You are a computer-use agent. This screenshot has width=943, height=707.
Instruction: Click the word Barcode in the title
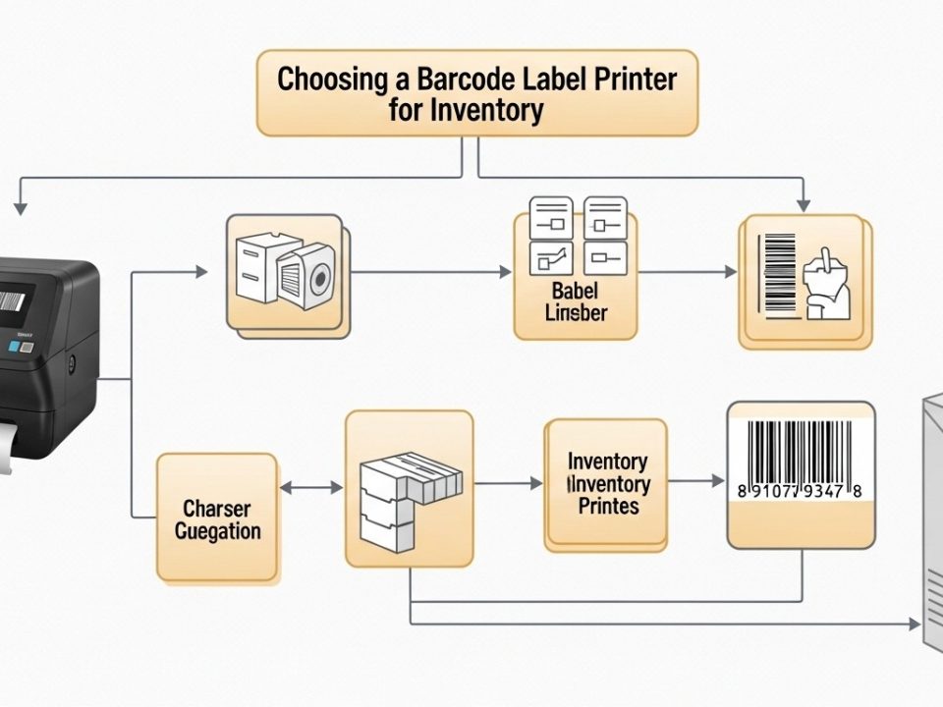444,79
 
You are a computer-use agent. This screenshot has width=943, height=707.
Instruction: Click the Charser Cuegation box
217,517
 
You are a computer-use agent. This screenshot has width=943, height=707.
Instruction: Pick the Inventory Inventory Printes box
607,483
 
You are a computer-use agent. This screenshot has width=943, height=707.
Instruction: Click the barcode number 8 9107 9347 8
801,490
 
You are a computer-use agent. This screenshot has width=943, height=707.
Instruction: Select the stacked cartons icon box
410,488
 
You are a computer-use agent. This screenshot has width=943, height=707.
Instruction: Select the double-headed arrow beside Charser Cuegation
311,487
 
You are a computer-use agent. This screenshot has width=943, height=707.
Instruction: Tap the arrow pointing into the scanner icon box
728,272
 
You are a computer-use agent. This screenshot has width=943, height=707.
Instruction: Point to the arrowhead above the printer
20,207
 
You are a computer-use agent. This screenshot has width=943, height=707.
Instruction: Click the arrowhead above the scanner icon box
803,204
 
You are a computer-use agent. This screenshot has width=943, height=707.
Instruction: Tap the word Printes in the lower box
608,507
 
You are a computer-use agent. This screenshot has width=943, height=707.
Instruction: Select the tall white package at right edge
933,520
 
